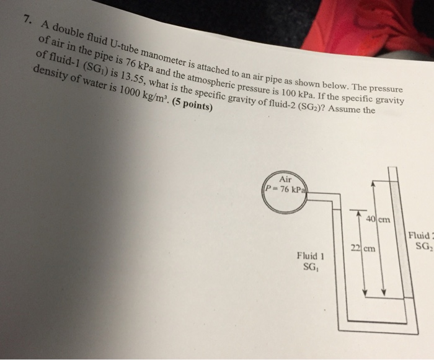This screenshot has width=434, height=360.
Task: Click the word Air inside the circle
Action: coord(286,178)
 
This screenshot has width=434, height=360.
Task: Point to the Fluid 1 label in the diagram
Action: coord(311,256)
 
